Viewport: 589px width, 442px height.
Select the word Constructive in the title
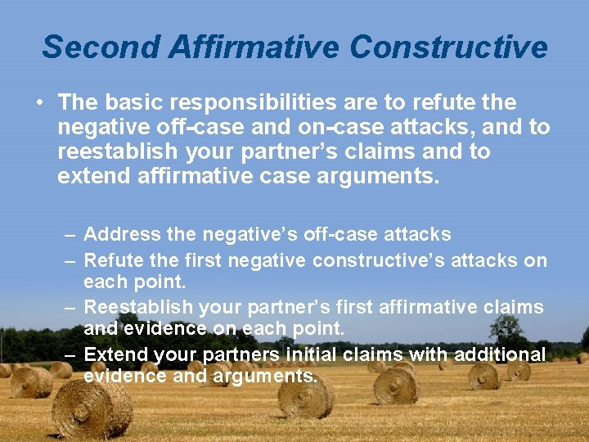point(448,47)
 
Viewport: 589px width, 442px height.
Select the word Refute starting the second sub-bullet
point(112,260)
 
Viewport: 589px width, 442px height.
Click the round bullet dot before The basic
point(39,103)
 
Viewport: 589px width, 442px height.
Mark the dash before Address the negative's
point(70,235)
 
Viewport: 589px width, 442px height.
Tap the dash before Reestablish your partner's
point(70,308)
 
